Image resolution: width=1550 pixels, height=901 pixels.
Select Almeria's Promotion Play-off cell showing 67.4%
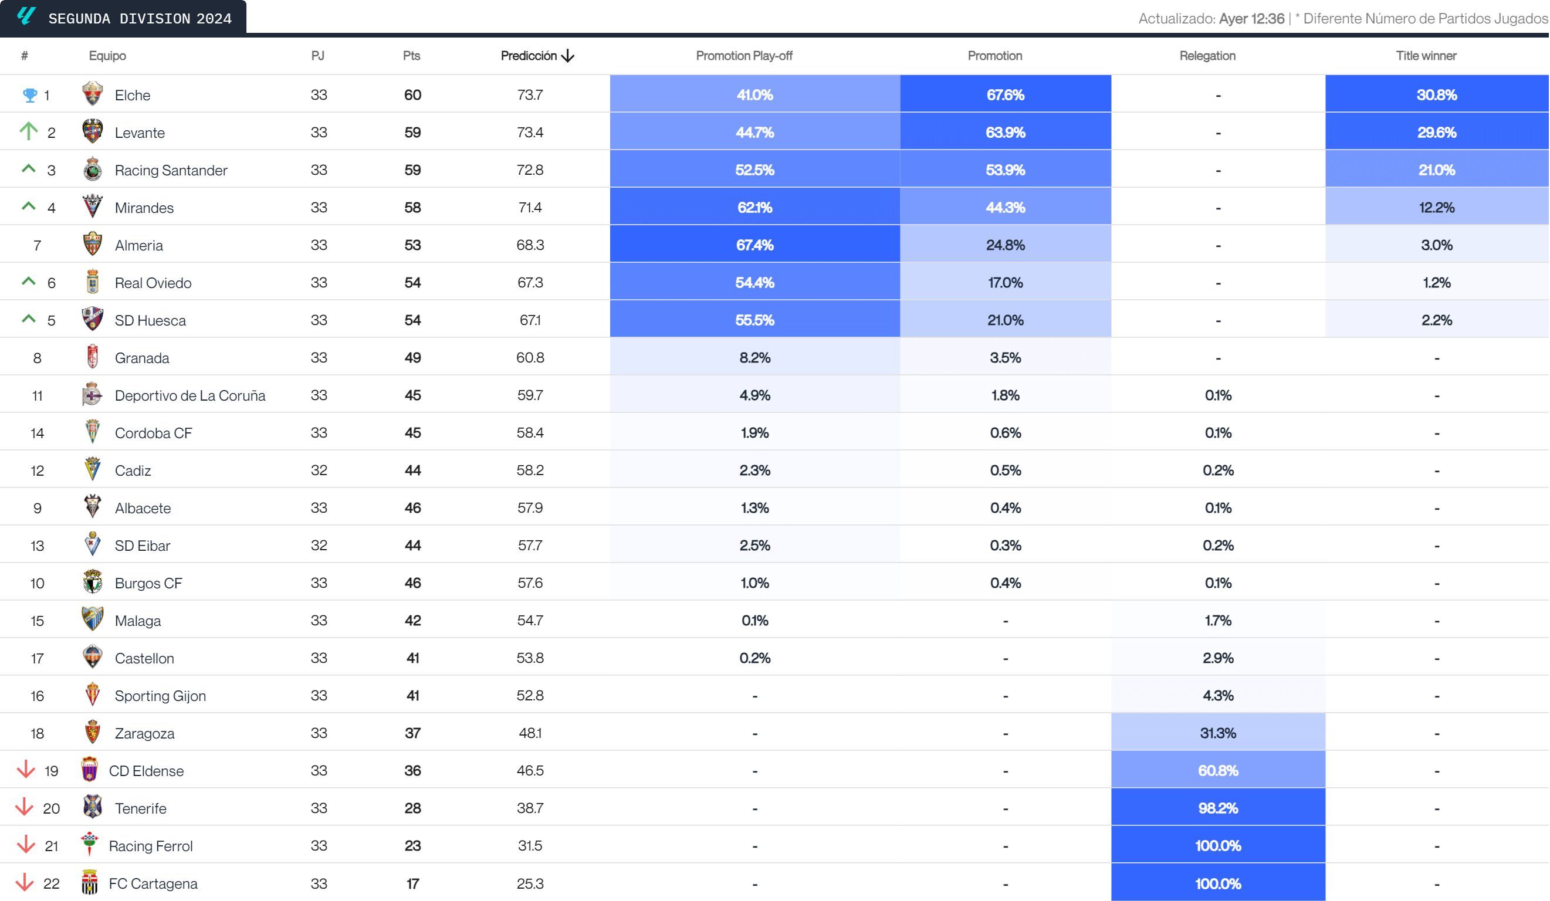[754, 245]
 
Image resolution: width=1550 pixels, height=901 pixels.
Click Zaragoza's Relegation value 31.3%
[1217, 733]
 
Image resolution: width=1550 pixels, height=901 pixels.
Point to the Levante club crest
[92, 131]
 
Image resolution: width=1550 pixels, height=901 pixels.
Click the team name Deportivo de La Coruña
[190, 395]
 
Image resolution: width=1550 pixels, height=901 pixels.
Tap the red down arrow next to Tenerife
[25, 807]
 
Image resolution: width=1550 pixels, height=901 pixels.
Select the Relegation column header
[1207, 56]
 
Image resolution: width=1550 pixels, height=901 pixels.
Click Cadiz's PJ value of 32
[319, 470]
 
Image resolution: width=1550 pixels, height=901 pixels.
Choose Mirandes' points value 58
[412, 207]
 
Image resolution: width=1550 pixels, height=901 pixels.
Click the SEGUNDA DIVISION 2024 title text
[140, 18]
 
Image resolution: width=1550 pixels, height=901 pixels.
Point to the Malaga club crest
[92, 619]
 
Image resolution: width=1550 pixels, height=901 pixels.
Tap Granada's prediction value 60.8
[530, 358]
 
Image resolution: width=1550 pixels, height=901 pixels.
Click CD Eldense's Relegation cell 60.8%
[1217, 770]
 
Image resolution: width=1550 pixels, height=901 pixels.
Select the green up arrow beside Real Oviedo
[28, 282]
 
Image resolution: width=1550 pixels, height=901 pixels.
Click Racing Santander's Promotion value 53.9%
[1005, 170]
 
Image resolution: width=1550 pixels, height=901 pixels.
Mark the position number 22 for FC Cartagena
[52, 883]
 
